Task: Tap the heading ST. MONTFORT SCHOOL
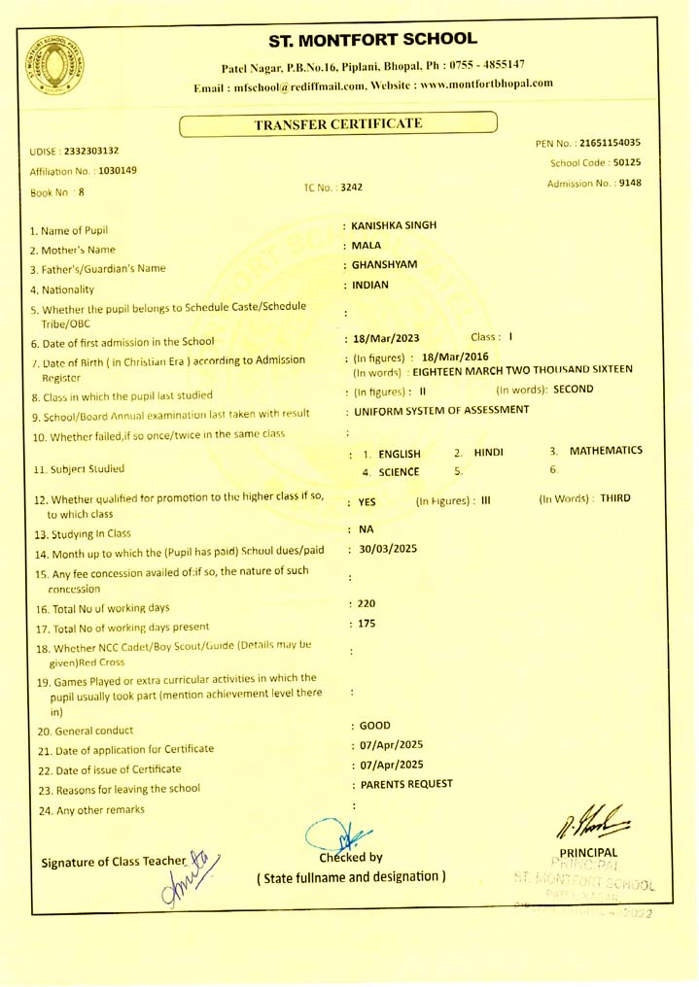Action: (373, 40)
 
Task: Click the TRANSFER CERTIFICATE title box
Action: (338, 123)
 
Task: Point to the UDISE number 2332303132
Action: (91, 152)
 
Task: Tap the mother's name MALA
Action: (368, 247)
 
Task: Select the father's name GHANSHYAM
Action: (385, 264)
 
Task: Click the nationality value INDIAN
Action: (370, 285)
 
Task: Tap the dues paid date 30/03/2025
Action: (388, 549)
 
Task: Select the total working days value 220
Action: (367, 603)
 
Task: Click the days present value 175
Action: (367, 624)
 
